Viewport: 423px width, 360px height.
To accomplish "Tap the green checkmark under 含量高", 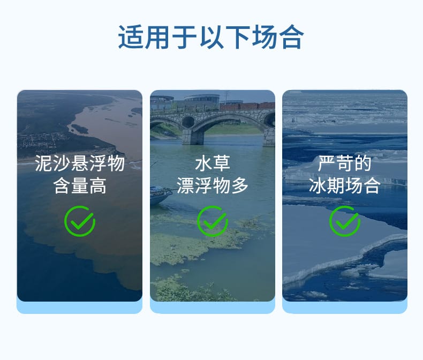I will click(x=80, y=221).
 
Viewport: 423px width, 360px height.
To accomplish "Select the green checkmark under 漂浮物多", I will click(x=213, y=221).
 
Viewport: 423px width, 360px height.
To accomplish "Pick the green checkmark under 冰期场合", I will click(x=345, y=221).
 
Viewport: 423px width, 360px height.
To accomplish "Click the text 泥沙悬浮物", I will click(x=80, y=163).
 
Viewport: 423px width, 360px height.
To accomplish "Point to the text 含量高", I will click(x=80, y=186).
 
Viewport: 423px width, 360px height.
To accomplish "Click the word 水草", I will click(x=213, y=163).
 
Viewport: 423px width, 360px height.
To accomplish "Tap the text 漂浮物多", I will click(x=213, y=186).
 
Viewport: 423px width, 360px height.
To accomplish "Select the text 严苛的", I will click(x=345, y=163).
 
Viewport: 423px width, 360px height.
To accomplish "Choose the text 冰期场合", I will click(x=345, y=186).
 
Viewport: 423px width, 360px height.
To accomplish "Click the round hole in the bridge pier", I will click(x=188, y=122).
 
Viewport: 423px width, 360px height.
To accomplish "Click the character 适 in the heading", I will click(x=129, y=37).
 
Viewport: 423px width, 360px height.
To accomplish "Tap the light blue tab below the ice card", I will click(x=345, y=307).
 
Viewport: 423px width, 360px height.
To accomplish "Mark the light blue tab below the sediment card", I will click(x=80, y=307).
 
